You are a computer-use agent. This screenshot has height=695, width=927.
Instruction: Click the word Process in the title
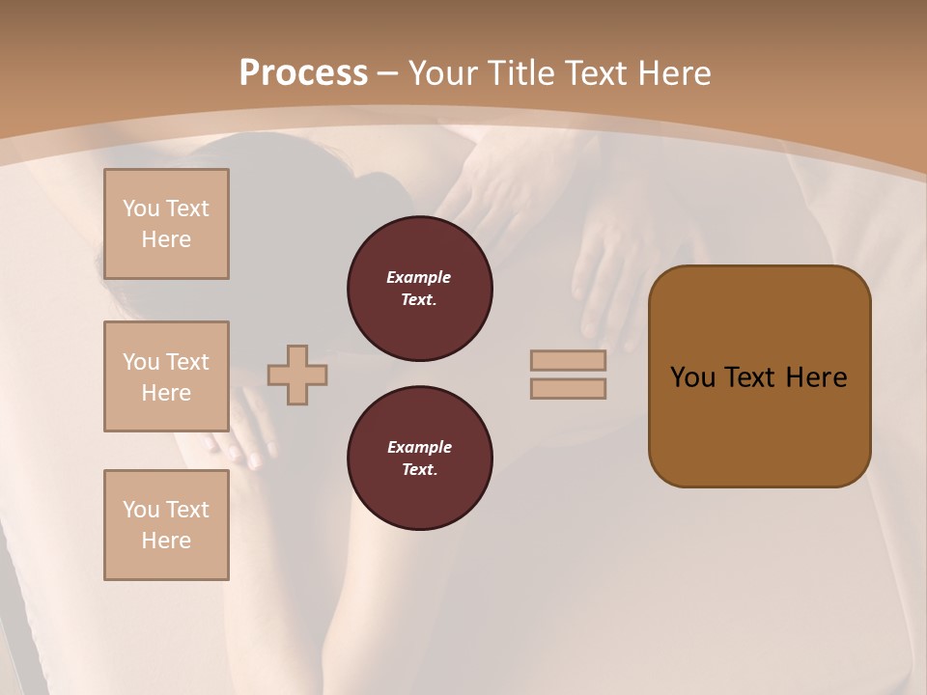303,73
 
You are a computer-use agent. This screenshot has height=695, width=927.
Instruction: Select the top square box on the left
166,224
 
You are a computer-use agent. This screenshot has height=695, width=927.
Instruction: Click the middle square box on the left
166,376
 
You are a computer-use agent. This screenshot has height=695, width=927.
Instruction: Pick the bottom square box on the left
166,525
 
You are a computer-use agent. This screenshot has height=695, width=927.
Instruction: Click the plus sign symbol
297,375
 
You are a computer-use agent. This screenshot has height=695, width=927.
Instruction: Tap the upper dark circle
419,289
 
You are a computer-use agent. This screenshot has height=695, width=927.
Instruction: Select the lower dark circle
419,459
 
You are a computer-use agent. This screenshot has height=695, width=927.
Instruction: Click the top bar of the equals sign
568,361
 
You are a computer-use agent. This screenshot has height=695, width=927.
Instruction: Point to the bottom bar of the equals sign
568,389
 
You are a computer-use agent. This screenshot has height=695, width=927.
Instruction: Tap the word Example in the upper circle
419,277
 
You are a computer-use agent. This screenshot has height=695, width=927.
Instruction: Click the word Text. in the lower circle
419,470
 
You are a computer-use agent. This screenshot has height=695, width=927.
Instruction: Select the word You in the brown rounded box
692,377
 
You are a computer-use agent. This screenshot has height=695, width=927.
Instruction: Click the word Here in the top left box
166,239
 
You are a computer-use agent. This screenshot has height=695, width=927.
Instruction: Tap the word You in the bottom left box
141,510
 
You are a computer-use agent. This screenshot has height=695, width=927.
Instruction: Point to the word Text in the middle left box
187,362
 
